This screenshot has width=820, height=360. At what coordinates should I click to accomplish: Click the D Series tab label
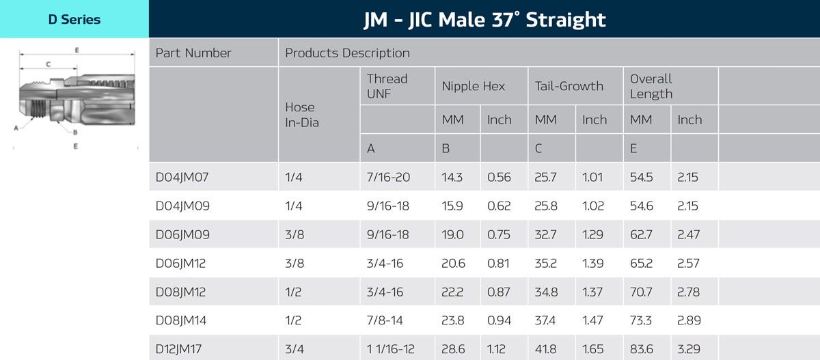click(x=74, y=19)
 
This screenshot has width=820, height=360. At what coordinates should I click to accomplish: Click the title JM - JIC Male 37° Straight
click(x=484, y=19)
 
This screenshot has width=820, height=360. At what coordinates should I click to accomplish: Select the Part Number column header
click(x=193, y=53)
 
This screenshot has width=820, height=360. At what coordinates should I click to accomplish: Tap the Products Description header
click(x=347, y=53)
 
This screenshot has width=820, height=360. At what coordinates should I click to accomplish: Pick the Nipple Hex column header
click(x=473, y=86)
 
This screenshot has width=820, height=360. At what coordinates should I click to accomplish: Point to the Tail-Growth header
click(x=569, y=86)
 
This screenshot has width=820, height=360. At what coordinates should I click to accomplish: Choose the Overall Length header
click(x=651, y=86)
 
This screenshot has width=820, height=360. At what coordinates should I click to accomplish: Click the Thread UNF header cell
click(x=387, y=86)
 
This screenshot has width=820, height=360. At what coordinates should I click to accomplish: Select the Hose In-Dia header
click(x=301, y=115)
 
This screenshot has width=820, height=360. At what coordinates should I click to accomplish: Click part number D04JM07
click(x=182, y=178)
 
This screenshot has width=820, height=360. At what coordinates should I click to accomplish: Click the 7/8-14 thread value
click(x=385, y=320)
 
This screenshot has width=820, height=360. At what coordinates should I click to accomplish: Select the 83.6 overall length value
click(x=641, y=349)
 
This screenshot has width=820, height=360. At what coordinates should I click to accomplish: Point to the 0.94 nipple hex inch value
click(x=499, y=320)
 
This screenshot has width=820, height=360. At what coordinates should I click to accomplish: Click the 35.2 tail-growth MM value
click(x=545, y=263)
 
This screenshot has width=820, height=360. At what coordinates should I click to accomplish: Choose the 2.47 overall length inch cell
click(x=689, y=234)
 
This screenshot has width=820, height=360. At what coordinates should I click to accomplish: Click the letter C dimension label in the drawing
click(x=48, y=64)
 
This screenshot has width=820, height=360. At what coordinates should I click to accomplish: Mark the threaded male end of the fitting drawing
click(x=39, y=108)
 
